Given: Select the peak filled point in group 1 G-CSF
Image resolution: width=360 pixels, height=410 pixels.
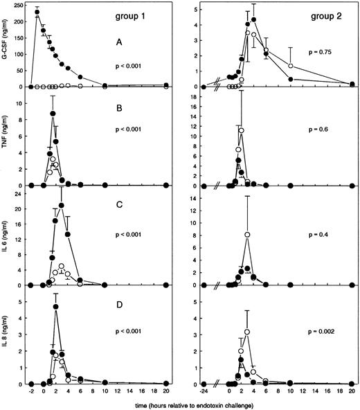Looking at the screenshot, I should (37, 12).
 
